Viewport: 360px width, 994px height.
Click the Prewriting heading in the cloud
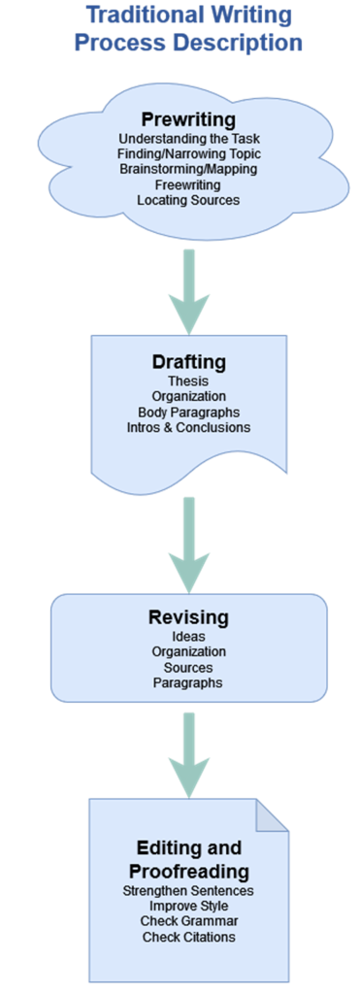188,119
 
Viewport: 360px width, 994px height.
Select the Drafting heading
188,362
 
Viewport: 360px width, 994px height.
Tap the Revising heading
188,617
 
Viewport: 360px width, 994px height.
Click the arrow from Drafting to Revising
189,539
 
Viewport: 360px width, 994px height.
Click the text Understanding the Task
188,139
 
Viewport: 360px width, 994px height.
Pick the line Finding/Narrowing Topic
188,154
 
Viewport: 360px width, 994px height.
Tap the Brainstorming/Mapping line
188,169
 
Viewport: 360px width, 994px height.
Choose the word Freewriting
188,184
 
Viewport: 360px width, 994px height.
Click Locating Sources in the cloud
188,200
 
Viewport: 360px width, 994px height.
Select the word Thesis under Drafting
188,381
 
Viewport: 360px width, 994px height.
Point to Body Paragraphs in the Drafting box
188,412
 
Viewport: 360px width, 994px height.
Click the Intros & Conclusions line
188,427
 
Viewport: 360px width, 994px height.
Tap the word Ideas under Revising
188,637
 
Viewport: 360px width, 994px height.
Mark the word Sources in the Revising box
188,668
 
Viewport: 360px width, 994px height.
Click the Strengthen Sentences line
188,891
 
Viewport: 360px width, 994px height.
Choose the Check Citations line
188,937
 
